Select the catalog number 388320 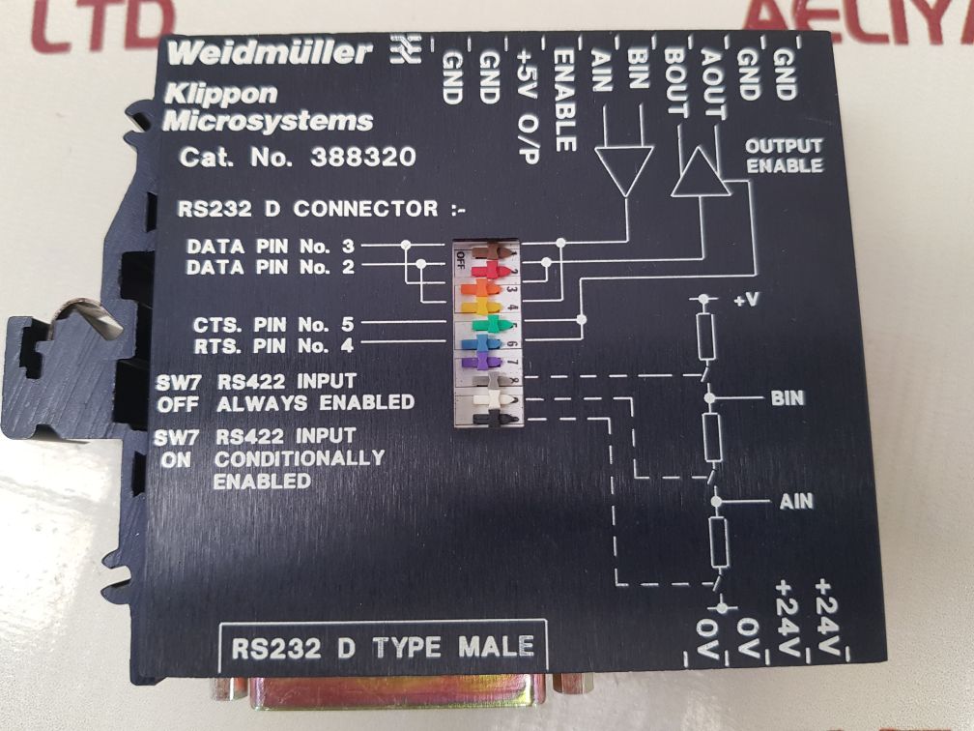point(364,158)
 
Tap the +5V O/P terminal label point(529,105)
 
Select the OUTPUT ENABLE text point(783,156)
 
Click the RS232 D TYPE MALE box point(383,646)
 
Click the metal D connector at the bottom point(406,698)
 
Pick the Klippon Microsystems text point(268,108)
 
